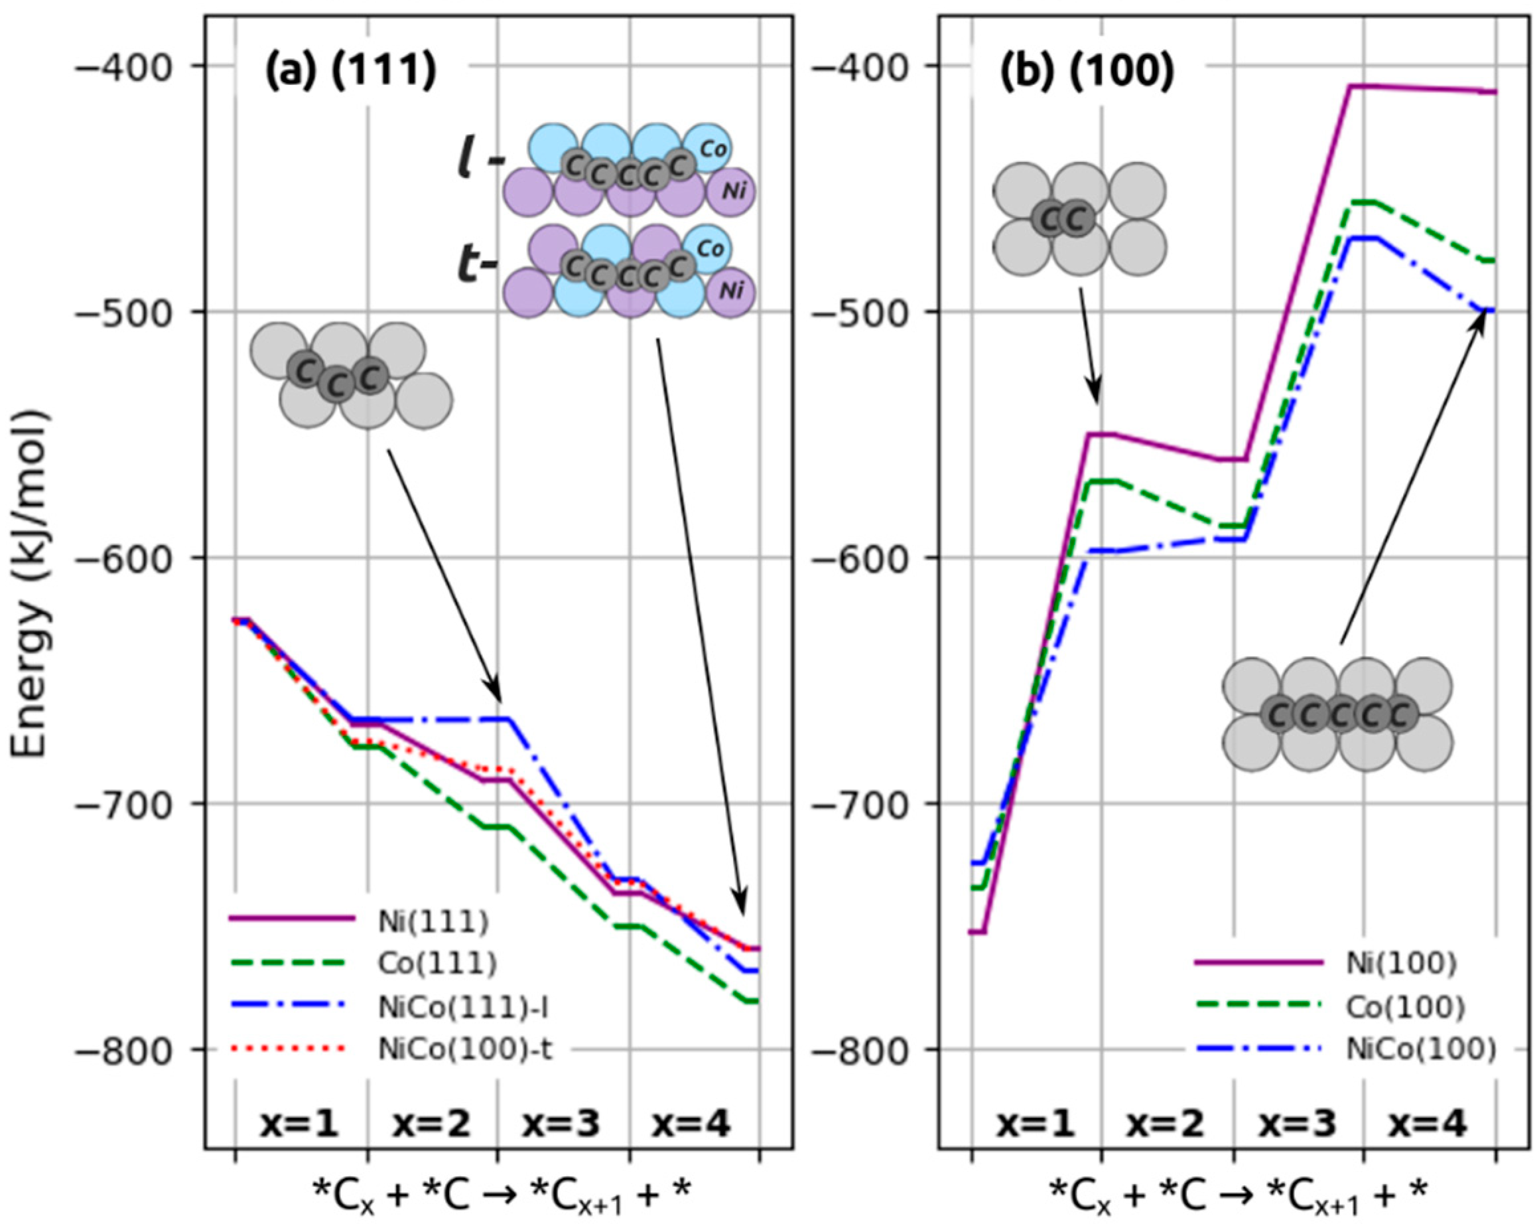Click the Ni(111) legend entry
click(x=433, y=922)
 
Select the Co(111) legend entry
click(x=438, y=963)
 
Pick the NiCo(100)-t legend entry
click(x=466, y=1049)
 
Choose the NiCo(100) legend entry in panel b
click(x=1420, y=1049)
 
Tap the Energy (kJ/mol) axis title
click(x=30, y=583)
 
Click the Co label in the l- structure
click(x=713, y=149)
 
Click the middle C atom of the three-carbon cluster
click(x=336, y=386)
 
